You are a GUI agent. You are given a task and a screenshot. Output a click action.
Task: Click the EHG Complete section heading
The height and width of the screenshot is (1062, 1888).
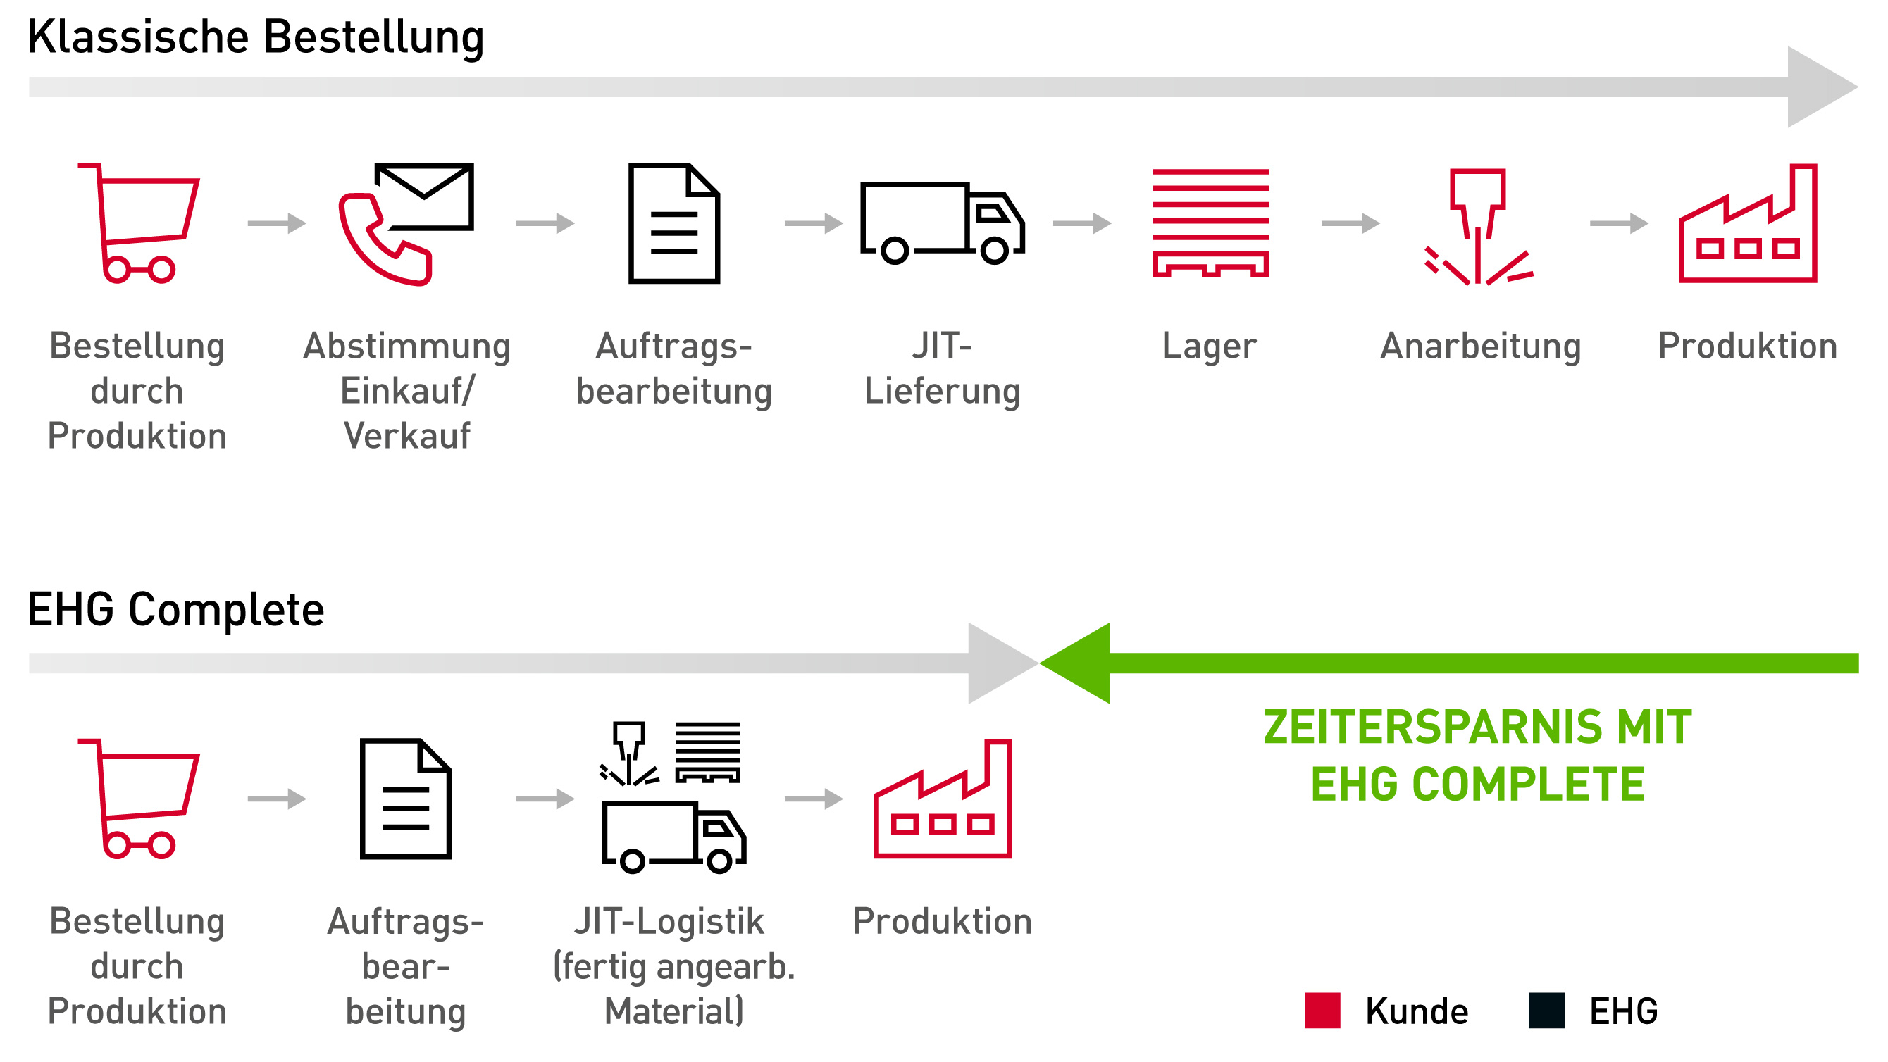[x=175, y=610]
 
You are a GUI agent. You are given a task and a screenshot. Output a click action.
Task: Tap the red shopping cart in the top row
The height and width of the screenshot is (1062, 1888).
[x=139, y=223]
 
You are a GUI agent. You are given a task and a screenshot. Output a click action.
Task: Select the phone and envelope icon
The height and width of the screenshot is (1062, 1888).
[x=406, y=223]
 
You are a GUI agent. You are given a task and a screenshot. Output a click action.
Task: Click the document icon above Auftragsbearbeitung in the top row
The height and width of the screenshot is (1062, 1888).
[x=673, y=223]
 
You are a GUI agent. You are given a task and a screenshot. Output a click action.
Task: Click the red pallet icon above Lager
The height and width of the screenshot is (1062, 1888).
[x=1210, y=223]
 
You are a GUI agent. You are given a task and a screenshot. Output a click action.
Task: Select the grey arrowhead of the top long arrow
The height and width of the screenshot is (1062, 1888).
[x=1818, y=87]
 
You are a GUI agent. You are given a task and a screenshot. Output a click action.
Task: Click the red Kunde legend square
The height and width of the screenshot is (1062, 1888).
[x=1322, y=1011]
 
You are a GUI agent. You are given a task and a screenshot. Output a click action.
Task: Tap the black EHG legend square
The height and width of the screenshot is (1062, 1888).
[x=1546, y=1011]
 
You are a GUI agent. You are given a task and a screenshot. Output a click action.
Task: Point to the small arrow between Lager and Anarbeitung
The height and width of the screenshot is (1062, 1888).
[x=1350, y=223]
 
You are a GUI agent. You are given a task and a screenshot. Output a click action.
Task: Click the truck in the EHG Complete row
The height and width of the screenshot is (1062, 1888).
[x=673, y=836]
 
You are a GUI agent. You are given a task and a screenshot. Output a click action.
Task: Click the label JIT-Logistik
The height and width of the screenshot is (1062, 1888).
[x=669, y=921]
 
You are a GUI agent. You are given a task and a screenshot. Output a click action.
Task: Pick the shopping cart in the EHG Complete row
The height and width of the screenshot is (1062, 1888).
[x=139, y=799]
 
